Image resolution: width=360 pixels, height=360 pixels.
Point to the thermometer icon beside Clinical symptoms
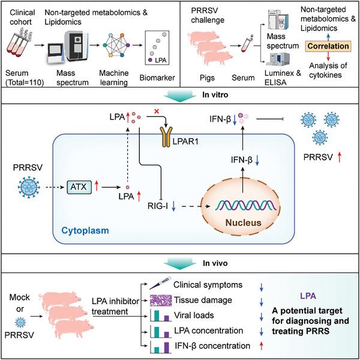156,283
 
